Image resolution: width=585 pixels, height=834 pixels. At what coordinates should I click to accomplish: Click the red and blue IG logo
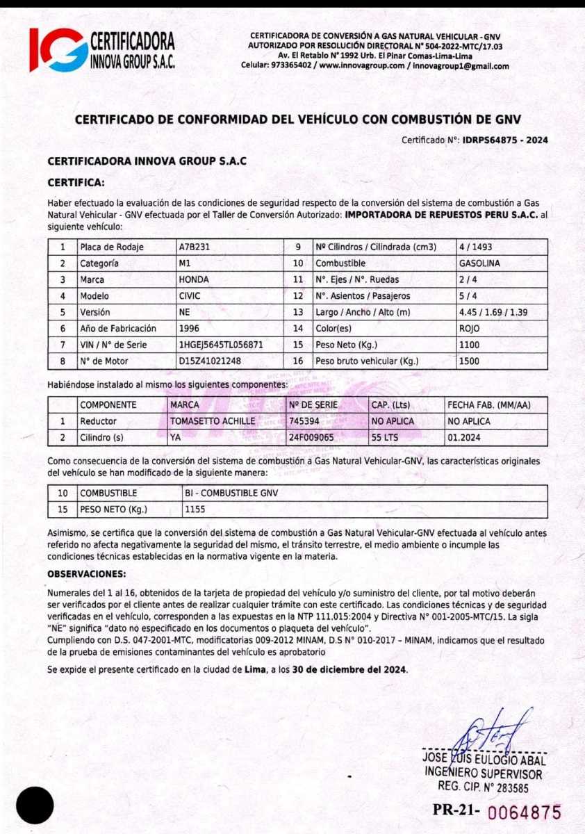tap(58, 49)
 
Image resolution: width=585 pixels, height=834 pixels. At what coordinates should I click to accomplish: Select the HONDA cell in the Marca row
tap(193, 279)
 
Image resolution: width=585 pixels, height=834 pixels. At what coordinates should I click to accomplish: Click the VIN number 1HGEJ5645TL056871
tap(220, 344)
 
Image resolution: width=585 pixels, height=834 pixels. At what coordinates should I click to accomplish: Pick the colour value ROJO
tap(470, 328)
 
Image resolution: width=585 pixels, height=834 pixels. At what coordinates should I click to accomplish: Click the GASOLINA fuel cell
tap(479, 263)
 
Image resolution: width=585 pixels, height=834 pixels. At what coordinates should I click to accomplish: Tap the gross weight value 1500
tap(469, 361)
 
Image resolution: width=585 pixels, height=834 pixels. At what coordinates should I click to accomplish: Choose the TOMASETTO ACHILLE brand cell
tap(213, 421)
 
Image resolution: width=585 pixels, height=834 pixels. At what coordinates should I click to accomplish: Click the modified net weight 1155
tap(195, 510)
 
